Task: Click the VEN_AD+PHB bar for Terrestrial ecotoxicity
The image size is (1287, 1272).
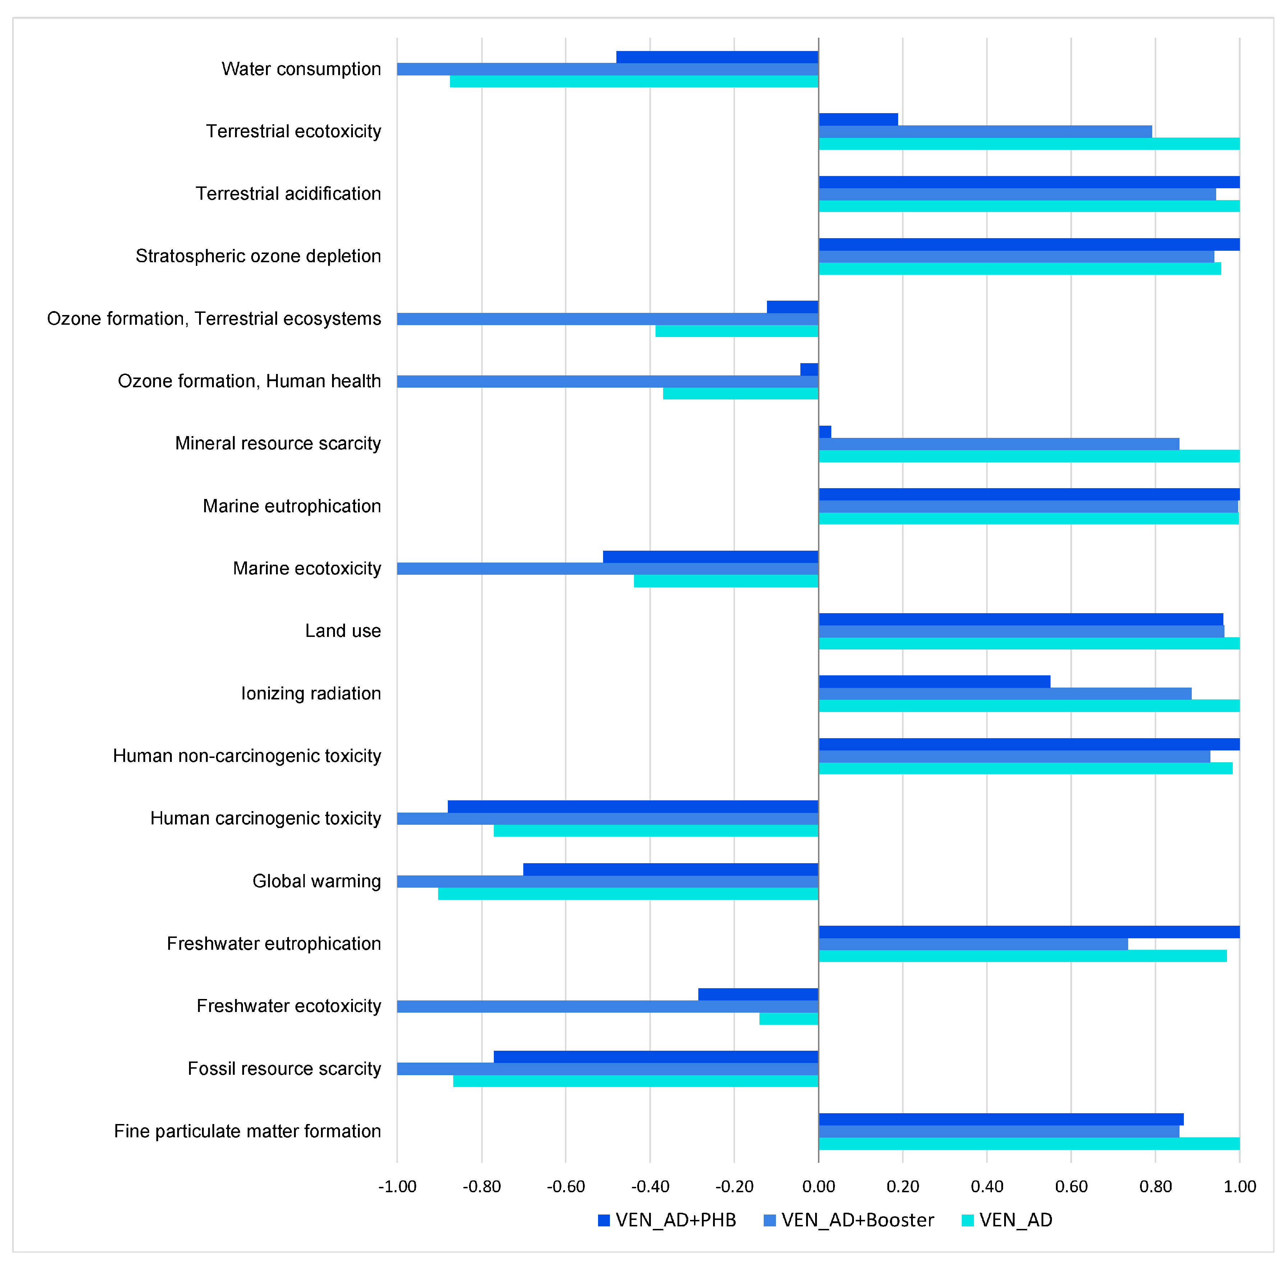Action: point(858,119)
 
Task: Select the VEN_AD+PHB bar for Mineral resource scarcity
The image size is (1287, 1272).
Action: point(825,431)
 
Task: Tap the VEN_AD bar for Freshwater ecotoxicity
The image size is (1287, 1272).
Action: point(789,1018)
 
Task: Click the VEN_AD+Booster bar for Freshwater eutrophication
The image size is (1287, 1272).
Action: point(973,944)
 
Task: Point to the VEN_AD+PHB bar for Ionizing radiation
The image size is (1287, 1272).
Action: point(934,681)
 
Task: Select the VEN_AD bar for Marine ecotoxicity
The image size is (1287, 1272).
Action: point(726,581)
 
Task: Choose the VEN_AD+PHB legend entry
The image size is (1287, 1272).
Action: point(667,1220)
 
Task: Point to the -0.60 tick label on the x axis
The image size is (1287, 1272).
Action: point(566,1186)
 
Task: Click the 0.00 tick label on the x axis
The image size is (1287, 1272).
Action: point(819,1186)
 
